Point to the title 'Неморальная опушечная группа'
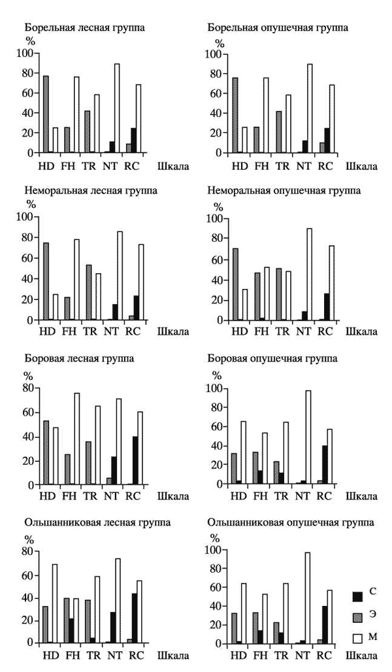coord(284,191)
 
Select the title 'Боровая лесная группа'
coord(79,359)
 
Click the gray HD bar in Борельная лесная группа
coord(46,114)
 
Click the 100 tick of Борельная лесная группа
coord(27,53)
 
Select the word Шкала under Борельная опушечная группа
coord(360,165)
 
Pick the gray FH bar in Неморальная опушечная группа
coord(257,296)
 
